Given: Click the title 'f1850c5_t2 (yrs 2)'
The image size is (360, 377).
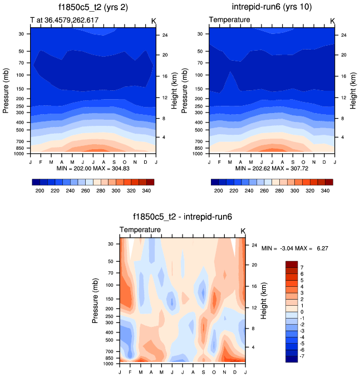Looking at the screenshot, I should point(92,8).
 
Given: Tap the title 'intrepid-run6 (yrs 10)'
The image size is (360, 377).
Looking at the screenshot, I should point(271,8).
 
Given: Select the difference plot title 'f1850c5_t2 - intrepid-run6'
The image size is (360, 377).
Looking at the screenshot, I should point(181,218).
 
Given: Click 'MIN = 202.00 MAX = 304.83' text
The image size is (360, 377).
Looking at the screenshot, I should point(92,168).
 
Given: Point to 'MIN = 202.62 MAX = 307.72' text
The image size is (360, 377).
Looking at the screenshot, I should point(272,168).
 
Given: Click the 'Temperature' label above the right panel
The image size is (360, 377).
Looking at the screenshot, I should point(229,21).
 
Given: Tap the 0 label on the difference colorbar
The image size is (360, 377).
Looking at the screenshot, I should point(303,311).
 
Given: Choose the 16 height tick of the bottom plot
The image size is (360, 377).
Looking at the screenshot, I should point(253,286).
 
